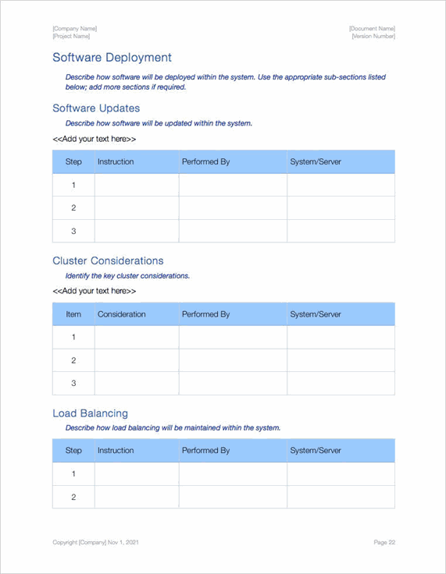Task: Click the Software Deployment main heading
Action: click(x=112, y=58)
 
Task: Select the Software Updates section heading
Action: click(x=96, y=108)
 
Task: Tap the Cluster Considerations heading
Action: click(x=108, y=260)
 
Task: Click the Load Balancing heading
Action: click(x=90, y=413)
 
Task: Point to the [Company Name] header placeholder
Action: click(x=74, y=29)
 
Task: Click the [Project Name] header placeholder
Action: click(x=71, y=37)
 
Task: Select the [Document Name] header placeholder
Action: click(x=372, y=29)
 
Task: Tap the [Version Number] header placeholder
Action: click(x=373, y=37)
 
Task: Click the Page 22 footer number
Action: click(x=384, y=542)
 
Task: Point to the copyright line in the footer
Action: click(x=96, y=542)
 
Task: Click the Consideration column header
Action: click(x=121, y=314)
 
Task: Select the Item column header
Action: click(x=73, y=314)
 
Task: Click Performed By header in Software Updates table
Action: click(x=205, y=161)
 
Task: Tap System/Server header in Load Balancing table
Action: click(x=316, y=451)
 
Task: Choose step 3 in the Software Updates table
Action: click(x=73, y=231)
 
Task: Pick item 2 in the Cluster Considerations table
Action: click(x=73, y=360)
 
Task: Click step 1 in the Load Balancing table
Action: click(x=73, y=474)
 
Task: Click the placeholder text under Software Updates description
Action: click(x=94, y=139)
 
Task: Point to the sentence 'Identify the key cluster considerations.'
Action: click(x=127, y=276)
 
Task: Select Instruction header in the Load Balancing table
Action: click(x=116, y=451)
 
